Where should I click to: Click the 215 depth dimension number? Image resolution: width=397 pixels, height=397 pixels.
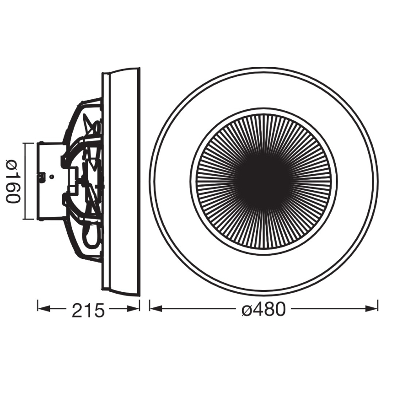point(88,311)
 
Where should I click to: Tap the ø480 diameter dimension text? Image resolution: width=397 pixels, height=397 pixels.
point(264,310)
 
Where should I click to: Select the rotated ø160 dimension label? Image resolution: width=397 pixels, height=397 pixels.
point(12,181)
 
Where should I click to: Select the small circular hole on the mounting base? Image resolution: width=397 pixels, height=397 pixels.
point(52,177)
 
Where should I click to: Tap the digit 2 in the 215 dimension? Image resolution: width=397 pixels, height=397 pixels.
point(77,311)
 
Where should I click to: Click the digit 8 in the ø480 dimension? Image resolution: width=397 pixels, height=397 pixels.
point(269,310)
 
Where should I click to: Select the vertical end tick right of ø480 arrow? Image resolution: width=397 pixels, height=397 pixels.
point(378,306)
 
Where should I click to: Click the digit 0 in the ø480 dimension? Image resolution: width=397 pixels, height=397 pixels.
point(280,310)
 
